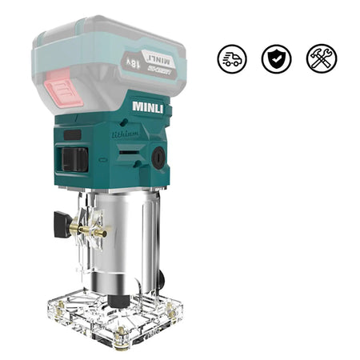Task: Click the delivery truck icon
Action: (x=231, y=58)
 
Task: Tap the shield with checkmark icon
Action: (x=276, y=58)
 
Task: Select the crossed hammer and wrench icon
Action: (x=322, y=58)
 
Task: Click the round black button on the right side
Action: (x=158, y=158)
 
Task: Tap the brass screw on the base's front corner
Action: (x=120, y=334)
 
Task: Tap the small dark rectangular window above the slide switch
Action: (x=73, y=135)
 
